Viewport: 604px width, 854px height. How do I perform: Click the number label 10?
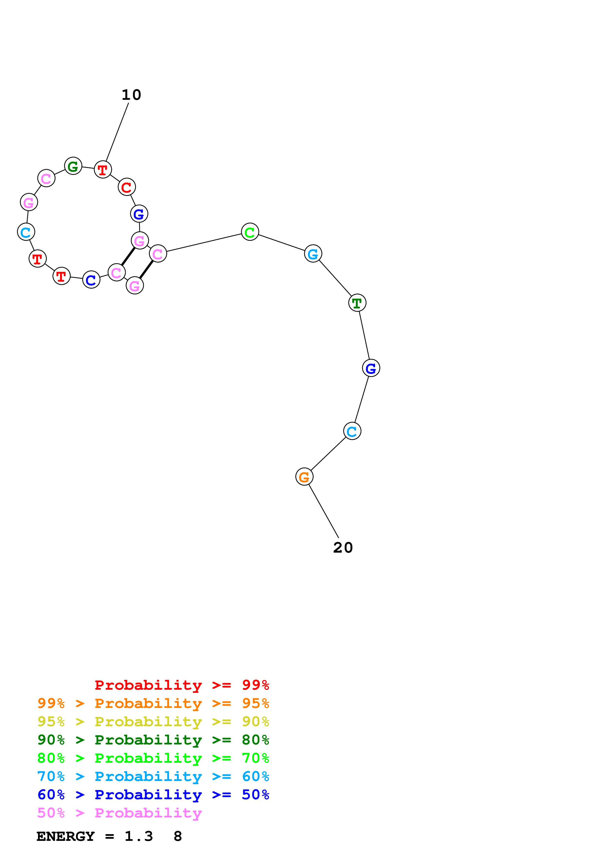click(131, 95)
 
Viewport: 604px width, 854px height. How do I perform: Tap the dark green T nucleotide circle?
click(357, 303)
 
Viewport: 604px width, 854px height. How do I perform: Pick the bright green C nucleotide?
click(250, 232)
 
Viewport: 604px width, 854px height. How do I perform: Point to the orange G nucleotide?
click(304, 476)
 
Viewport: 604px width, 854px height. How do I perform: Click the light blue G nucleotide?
click(313, 254)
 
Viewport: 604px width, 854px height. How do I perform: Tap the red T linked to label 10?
click(103, 170)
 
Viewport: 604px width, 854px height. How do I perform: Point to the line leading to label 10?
click(117, 132)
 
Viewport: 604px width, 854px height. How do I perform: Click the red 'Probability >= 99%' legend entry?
click(182, 685)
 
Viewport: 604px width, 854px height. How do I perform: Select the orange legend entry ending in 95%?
click(153, 703)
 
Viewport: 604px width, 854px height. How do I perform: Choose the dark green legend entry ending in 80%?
click(153, 740)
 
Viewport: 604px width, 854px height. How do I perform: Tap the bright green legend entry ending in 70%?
click(153, 758)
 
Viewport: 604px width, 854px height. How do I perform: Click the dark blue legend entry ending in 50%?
click(153, 795)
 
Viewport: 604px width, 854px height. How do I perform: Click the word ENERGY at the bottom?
click(66, 836)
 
